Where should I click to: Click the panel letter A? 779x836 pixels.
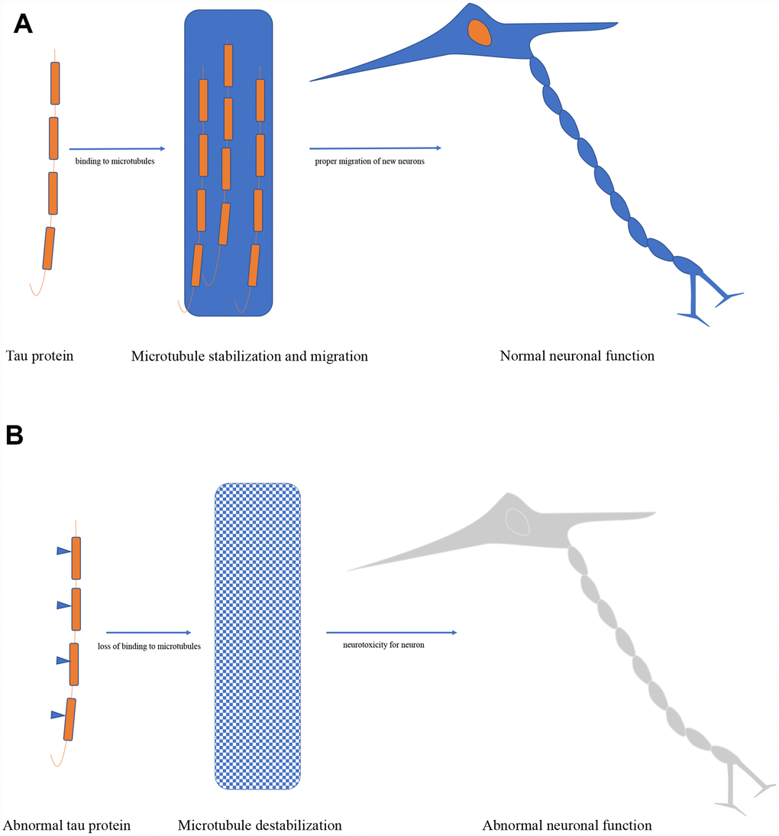24,24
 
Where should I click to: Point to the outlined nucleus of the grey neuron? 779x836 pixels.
518,522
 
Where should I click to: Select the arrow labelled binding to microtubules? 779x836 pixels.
117,149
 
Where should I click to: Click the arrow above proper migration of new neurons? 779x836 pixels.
375,148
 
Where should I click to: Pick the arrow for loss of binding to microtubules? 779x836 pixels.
148,633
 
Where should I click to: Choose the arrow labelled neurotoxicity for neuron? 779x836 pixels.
391,633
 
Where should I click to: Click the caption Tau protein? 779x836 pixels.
40,356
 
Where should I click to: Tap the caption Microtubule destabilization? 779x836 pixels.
259,825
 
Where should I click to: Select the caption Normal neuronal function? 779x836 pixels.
577,356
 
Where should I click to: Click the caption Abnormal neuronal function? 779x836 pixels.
567,825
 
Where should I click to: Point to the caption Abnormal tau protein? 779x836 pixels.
67,825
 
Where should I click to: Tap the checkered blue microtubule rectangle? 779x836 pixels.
258,636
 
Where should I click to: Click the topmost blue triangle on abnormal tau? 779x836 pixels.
63,550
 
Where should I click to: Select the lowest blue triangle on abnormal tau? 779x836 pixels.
57,714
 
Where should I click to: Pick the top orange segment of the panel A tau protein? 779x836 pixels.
55,83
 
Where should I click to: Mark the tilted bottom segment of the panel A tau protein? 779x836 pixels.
50,248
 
